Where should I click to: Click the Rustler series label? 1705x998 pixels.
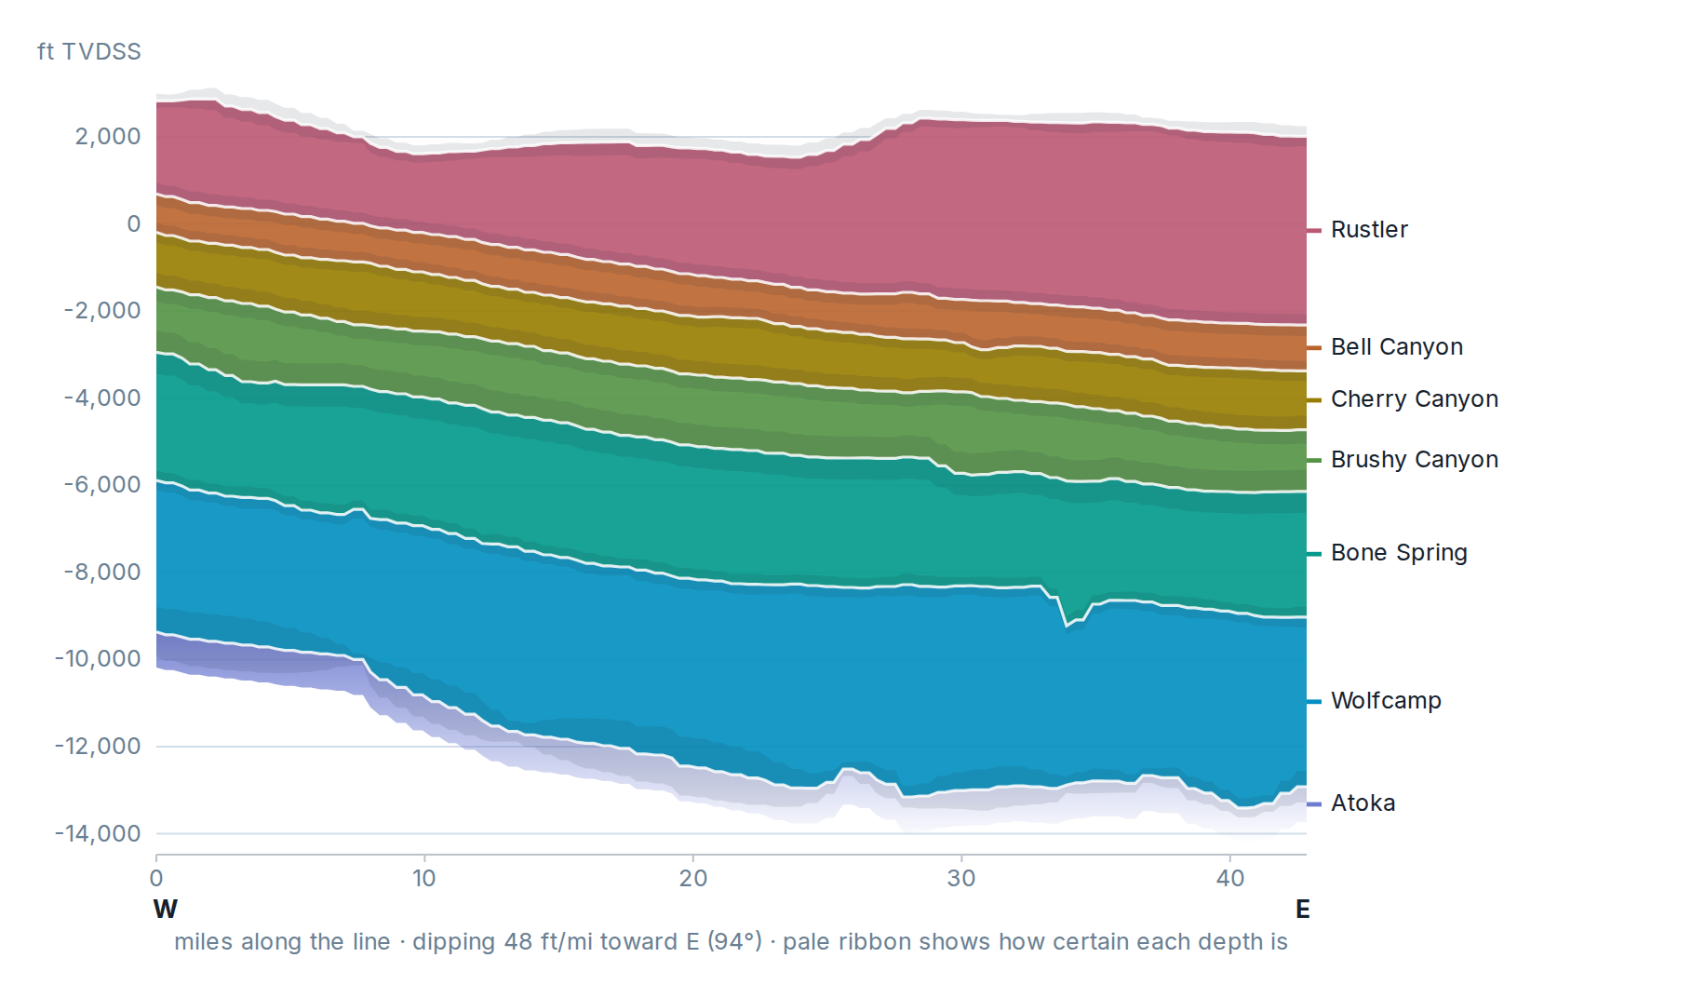pos(1368,229)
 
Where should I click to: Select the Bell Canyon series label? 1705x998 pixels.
pos(1396,346)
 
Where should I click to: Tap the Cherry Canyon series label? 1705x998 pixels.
pos(1414,398)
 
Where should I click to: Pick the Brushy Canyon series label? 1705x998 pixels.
pos(1414,459)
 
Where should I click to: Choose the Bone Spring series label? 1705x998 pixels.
pos(1399,553)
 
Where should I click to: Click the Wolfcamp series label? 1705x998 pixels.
pos(1386,700)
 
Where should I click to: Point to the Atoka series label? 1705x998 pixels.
pos(1363,802)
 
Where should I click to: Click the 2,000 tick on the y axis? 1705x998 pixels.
pos(108,136)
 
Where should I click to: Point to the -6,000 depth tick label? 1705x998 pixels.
pos(102,484)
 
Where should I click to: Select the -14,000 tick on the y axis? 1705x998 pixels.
pos(98,833)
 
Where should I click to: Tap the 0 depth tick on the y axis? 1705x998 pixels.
pos(134,223)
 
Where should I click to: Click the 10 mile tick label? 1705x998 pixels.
pos(424,878)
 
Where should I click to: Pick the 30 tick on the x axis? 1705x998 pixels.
pos(961,878)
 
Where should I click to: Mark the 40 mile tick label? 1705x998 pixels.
pos(1230,878)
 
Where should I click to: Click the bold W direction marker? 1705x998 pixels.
pos(166,909)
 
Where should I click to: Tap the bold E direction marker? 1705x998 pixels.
pos(1303,909)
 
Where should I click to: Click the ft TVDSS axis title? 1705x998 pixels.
pos(89,51)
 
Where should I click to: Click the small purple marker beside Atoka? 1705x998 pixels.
pos(1314,803)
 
